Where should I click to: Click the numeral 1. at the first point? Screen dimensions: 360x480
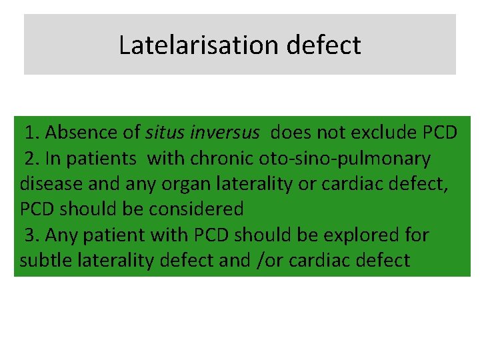click(x=33, y=133)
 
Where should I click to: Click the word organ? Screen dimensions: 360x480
click(x=182, y=185)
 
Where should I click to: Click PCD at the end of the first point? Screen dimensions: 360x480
click(x=440, y=133)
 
